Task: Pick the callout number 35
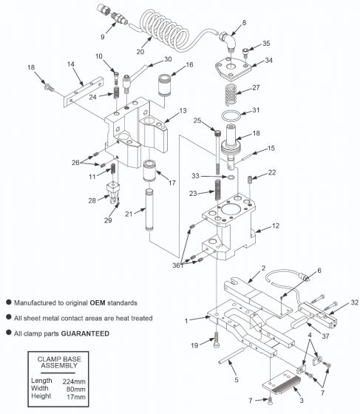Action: pyautogui.click(x=267, y=44)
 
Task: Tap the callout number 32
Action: pyautogui.click(x=355, y=302)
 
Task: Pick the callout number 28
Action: pyautogui.click(x=92, y=200)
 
